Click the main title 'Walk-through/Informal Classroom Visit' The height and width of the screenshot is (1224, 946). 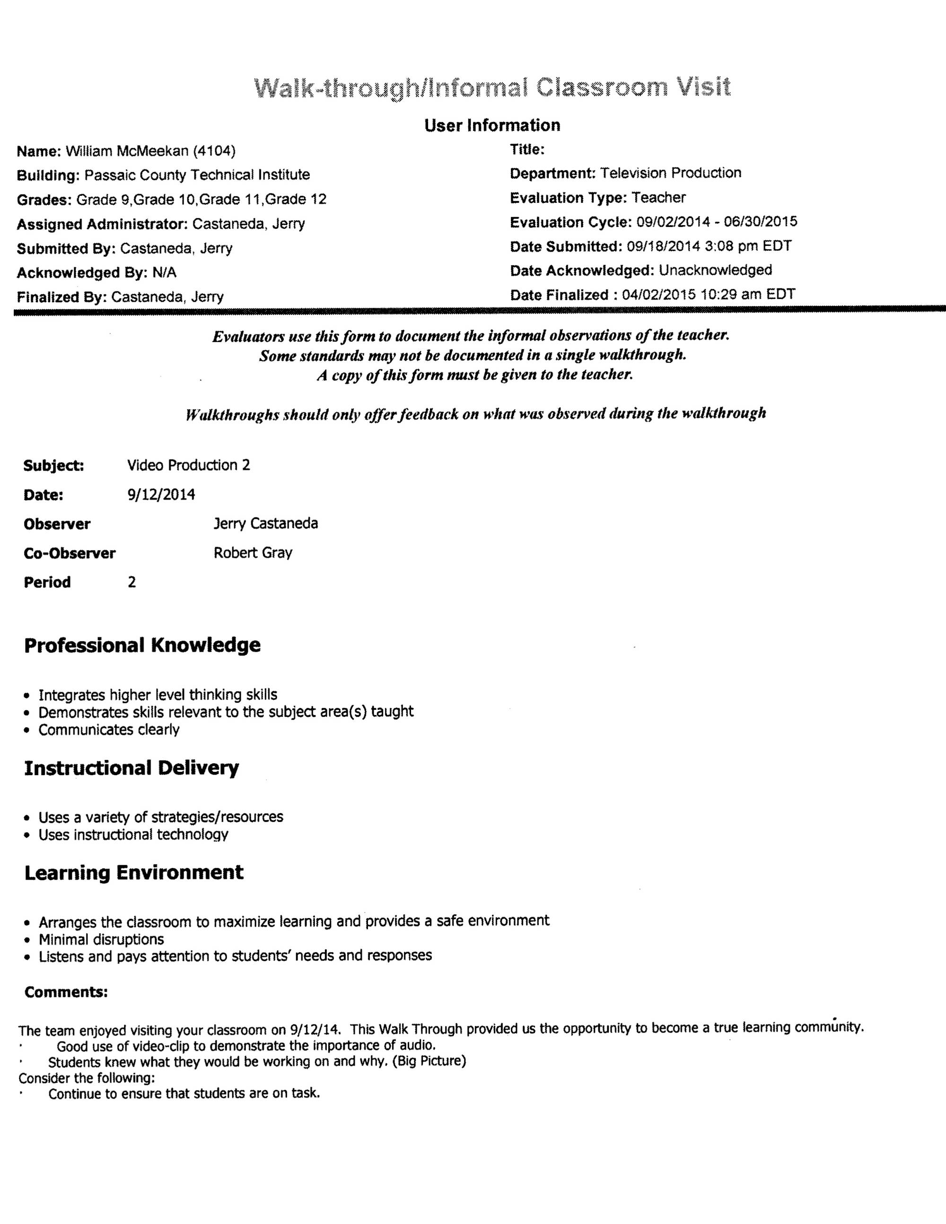(492, 88)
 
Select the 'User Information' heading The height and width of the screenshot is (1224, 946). (492, 125)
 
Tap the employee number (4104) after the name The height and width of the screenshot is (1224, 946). (214, 151)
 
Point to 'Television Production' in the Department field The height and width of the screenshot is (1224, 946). (670, 173)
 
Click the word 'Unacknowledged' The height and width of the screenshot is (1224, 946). (715, 270)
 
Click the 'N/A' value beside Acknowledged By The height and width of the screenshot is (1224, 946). (164, 273)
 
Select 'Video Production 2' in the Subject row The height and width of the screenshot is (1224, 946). (188, 465)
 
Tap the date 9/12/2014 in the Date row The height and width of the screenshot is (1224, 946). (161, 494)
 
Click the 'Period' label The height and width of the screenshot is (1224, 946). (47, 582)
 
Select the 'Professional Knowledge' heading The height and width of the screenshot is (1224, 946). (142, 645)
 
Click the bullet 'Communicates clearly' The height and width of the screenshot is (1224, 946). (109, 730)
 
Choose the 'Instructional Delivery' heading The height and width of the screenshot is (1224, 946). (131, 768)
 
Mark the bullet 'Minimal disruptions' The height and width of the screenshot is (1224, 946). (101, 939)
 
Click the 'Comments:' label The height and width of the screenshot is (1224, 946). (66, 992)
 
